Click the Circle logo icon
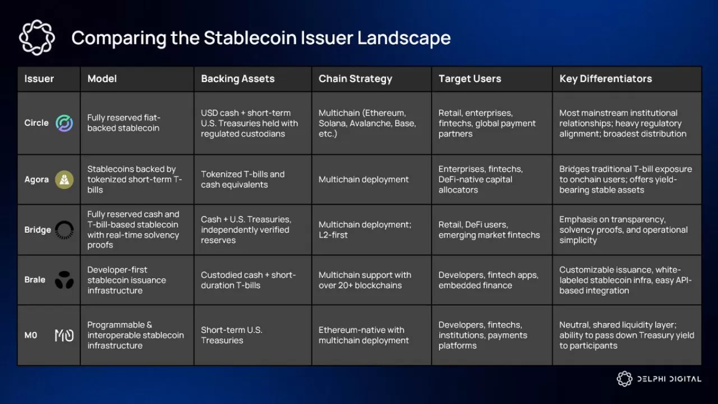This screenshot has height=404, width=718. [x=65, y=123]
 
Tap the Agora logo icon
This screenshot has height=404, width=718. [x=65, y=180]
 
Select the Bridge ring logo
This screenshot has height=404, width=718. [x=65, y=229]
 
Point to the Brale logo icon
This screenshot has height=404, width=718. [x=65, y=280]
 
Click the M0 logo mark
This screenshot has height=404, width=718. [x=65, y=336]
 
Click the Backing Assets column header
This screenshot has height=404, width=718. [x=238, y=79]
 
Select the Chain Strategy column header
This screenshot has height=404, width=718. [x=355, y=79]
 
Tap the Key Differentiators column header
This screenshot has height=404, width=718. [x=605, y=79]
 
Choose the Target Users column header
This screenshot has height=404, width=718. [x=470, y=79]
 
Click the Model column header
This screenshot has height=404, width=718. [x=102, y=79]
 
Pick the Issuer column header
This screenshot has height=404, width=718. [x=39, y=79]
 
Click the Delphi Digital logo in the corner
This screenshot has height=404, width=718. [x=659, y=379]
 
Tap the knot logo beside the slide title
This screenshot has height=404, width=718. [x=37, y=38]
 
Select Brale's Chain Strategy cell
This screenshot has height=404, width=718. [x=365, y=280]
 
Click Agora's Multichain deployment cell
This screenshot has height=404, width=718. [x=363, y=180]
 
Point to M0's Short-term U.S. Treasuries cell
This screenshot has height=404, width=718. [x=232, y=335]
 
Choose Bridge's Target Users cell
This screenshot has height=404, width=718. [x=489, y=229]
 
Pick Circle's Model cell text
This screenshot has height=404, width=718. [x=123, y=123]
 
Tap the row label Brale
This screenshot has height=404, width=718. [x=35, y=279]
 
